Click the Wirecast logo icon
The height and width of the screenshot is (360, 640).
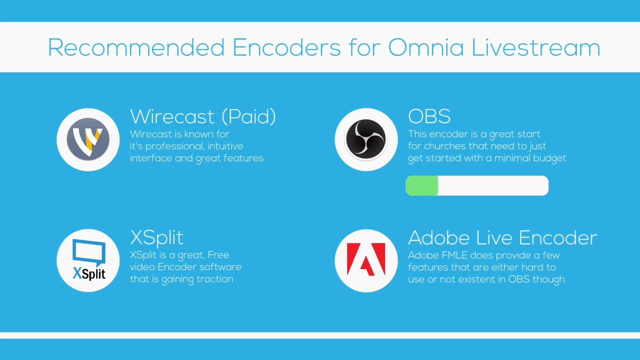tap(88, 139)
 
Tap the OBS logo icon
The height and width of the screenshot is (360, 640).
tap(366, 139)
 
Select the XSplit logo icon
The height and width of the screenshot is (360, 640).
tap(89, 260)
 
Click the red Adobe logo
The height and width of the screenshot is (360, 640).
tap(366, 259)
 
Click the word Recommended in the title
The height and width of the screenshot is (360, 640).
tap(136, 47)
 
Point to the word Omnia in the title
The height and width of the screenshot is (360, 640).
tap(426, 47)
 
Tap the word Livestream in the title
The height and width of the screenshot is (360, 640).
tap(536, 47)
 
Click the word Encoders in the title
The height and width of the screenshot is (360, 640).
tap(287, 47)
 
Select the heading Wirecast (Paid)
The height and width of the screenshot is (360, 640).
tap(203, 116)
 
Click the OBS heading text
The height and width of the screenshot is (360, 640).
tap(429, 116)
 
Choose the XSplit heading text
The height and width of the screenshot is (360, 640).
tap(157, 238)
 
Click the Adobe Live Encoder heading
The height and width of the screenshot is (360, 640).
tap(503, 238)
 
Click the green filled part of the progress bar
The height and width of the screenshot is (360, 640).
tap(422, 186)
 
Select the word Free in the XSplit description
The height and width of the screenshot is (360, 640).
tap(218, 255)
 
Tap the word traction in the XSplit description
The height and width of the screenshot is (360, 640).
tap(215, 279)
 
